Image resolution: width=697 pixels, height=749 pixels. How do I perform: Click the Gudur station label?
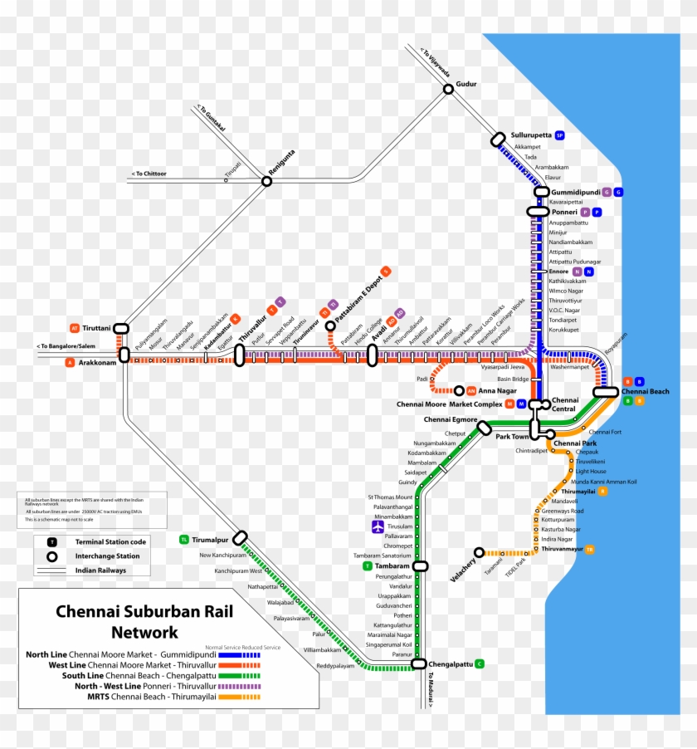(x=467, y=84)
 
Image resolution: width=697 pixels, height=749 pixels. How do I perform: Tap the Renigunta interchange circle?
(x=267, y=180)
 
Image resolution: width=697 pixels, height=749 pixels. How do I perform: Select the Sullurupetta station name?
(x=531, y=135)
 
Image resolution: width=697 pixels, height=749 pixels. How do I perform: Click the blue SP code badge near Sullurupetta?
(x=560, y=135)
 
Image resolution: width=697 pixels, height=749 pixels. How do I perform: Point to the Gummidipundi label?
(x=575, y=192)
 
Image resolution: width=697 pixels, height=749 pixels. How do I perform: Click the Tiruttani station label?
(x=95, y=328)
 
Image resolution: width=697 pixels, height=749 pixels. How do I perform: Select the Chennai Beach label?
(x=645, y=391)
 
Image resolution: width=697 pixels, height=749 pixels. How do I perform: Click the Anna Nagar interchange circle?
(x=459, y=390)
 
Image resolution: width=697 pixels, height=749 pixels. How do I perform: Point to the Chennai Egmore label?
(x=451, y=420)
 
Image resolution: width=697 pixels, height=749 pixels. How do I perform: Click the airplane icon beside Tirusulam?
(x=378, y=526)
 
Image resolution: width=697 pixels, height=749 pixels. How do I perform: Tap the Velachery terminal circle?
(x=479, y=552)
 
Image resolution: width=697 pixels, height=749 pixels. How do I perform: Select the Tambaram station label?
(x=392, y=565)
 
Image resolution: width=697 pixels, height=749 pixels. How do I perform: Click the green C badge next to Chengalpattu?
(x=480, y=663)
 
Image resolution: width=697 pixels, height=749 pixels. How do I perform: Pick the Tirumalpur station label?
(x=209, y=540)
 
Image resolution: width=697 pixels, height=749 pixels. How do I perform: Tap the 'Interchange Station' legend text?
(x=107, y=556)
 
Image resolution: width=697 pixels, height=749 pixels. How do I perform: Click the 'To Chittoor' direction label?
(x=149, y=174)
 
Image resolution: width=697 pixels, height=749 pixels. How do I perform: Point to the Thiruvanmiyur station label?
(x=561, y=549)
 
